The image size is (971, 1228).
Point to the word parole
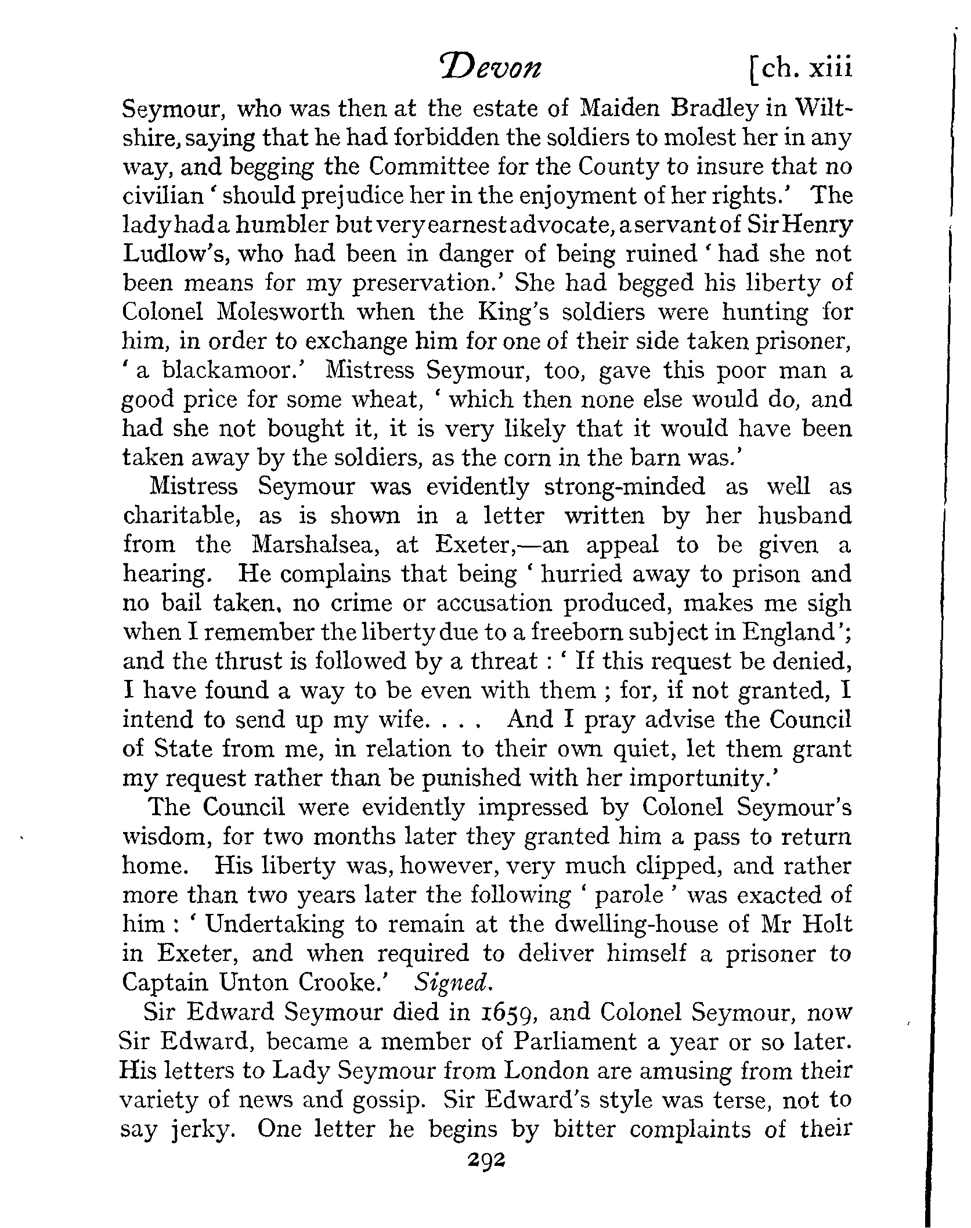coord(630,895)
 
